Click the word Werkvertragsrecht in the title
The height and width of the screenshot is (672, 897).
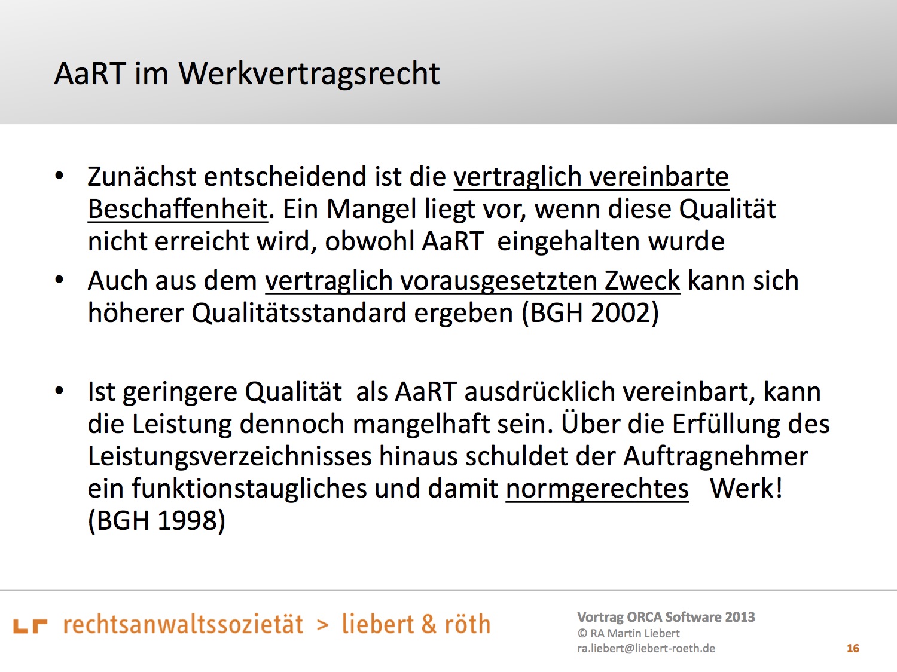309,74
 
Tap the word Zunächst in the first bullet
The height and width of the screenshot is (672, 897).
141,177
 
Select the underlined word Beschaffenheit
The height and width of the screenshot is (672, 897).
178,209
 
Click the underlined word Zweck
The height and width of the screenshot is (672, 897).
642,281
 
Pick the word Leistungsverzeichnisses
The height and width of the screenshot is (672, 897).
230,457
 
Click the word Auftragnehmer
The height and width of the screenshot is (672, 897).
716,456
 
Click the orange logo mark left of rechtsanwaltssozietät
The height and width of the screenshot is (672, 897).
30,626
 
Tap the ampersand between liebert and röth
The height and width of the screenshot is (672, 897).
428,624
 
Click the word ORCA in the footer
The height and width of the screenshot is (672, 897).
649,617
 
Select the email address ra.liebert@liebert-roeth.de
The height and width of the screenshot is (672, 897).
646,648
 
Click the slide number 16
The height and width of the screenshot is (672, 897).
853,648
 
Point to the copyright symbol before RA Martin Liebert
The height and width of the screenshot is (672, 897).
582,633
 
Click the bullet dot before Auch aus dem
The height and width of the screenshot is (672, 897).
60,280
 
